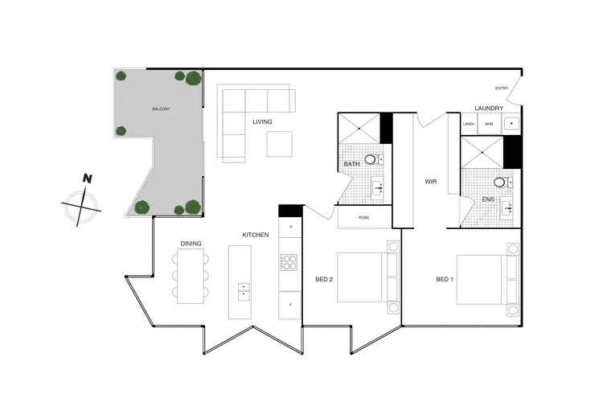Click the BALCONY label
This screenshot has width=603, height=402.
point(161,109)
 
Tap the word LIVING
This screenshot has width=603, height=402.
point(262,122)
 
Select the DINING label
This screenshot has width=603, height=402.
point(191,243)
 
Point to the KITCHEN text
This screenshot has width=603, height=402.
point(256,235)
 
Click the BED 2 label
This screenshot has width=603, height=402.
point(324,279)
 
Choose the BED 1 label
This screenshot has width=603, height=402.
point(445,279)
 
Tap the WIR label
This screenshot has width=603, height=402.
point(430,182)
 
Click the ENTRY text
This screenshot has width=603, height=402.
point(502,88)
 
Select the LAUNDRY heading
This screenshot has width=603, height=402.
point(489,109)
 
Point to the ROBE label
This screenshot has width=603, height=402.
point(363,217)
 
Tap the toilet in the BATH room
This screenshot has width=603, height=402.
point(371,160)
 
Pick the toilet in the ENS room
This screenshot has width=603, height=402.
point(501,183)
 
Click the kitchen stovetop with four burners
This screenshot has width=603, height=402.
point(289,261)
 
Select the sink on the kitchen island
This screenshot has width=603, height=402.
point(243,289)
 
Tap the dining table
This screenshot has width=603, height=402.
point(191,275)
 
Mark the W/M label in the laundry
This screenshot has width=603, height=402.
point(489,124)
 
